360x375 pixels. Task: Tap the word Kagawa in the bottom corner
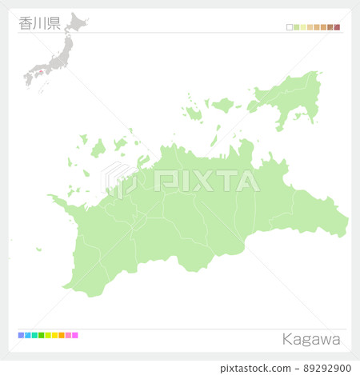tap(311, 339)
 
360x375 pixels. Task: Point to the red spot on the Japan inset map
tap(34, 76)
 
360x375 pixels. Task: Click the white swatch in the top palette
tap(290, 27)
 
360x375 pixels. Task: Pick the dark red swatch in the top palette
tap(338, 27)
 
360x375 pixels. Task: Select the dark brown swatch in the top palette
tap(330, 27)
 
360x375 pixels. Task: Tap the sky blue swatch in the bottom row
tap(27, 335)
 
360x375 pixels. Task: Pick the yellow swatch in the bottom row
tap(54, 335)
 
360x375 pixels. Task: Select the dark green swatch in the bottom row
tap(41, 335)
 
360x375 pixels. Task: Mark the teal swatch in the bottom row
tap(34, 335)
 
